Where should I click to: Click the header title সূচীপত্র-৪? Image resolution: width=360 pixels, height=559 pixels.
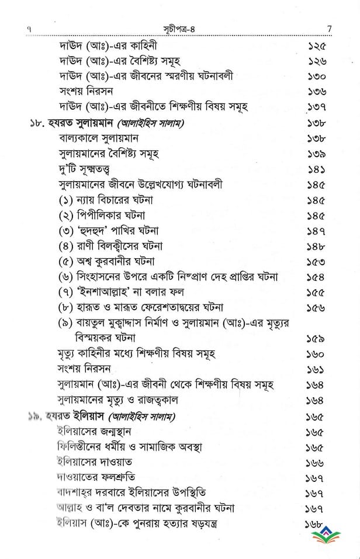(179, 27)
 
